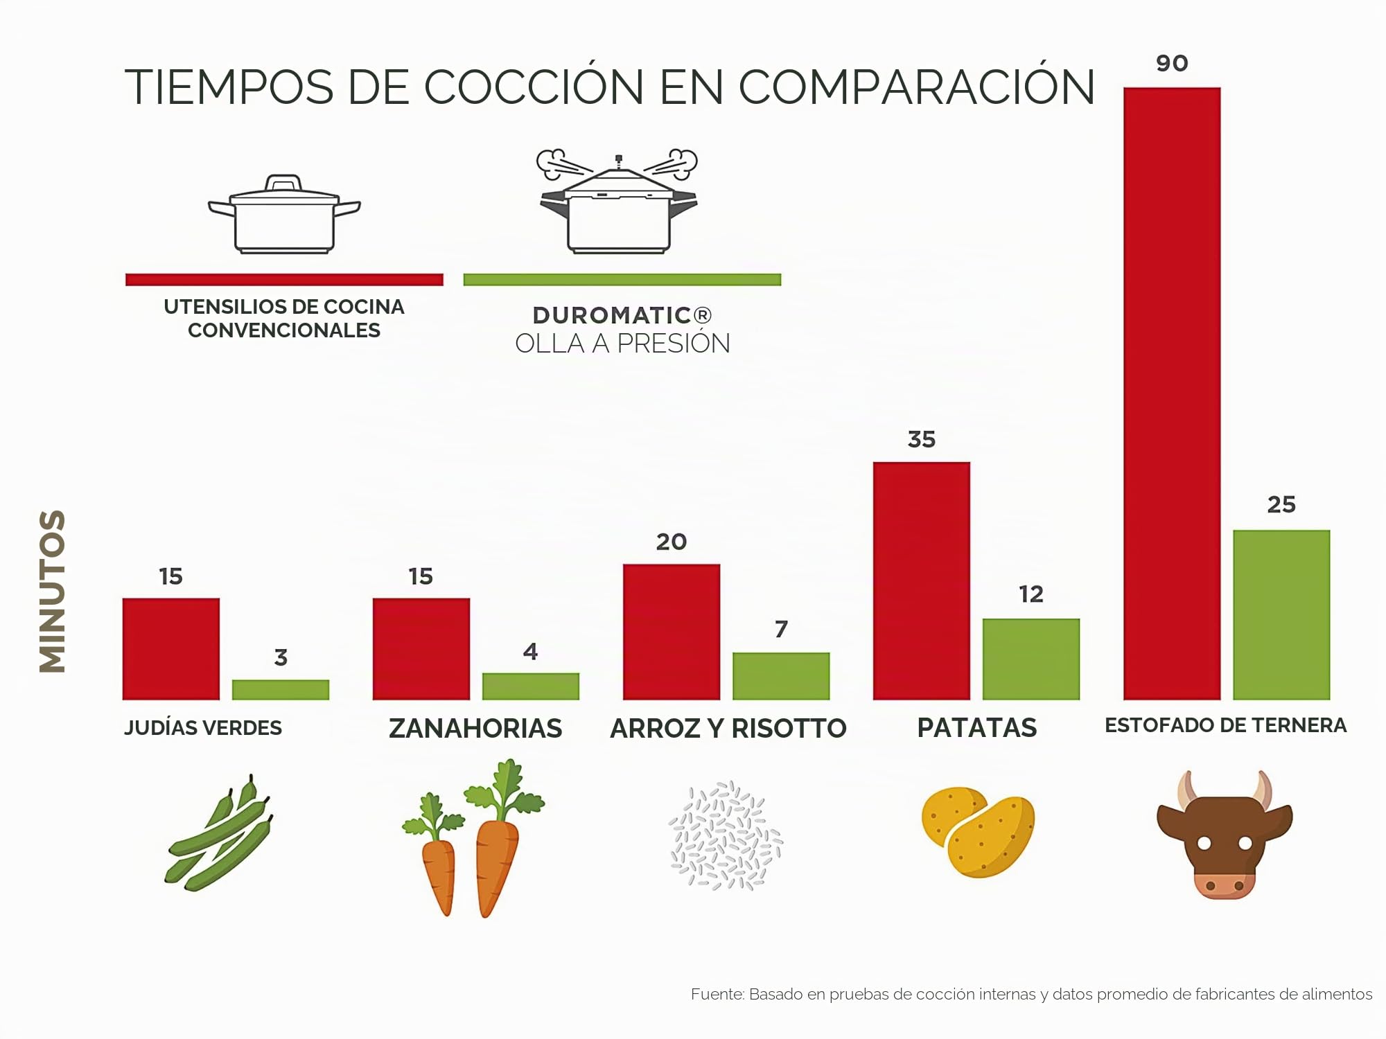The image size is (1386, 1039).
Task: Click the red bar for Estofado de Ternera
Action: pos(1172,393)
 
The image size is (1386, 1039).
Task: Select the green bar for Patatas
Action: pos(1031,659)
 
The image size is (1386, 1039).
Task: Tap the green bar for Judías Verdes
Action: pos(281,689)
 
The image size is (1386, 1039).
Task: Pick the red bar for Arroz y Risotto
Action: pos(672,632)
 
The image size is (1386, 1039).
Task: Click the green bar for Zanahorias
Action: pos(531,686)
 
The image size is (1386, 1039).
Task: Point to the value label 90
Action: pos(1172,64)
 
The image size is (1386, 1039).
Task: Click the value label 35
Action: pos(922,439)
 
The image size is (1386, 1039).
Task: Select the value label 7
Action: pos(781,629)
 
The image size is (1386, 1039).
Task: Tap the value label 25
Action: pos(1281,504)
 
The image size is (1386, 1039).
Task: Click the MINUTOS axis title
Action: pos(53,591)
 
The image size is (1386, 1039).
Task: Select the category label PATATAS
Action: pos(977,728)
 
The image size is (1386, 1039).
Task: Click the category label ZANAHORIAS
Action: pos(475,729)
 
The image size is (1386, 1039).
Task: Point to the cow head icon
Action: pos(1225,835)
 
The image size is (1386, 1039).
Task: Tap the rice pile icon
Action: pos(726,835)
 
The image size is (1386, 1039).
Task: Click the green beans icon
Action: pos(218,833)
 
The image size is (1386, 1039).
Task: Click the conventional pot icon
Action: pos(284,214)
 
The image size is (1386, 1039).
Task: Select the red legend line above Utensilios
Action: pos(284,280)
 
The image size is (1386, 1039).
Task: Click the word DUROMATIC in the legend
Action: pos(612,316)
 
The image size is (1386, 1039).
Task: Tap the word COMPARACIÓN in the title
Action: pos(917,87)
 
